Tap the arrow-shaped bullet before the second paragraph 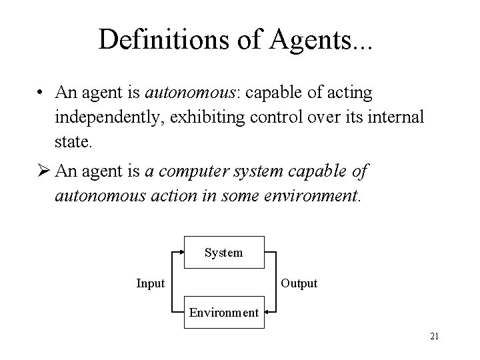pyautogui.click(x=44, y=171)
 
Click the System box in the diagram pyautogui.click(x=223, y=253)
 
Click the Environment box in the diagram pyautogui.click(x=223, y=311)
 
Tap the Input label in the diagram pyautogui.click(x=150, y=283)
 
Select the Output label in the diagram pyautogui.click(x=299, y=283)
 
